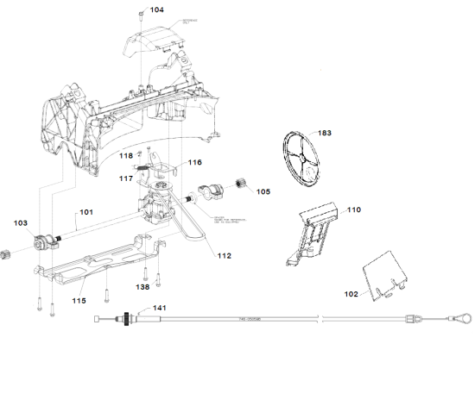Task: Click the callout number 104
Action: click(x=156, y=10)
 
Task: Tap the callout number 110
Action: click(x=354, y=209)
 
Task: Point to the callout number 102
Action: click(x=351, y=294)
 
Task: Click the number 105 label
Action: click(x=262, y=191)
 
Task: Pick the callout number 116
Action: click(x=195, y=162)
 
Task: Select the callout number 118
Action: click(x=126, y=156)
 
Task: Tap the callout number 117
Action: click(x=126, y=178)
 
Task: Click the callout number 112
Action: click(x=225, y=256)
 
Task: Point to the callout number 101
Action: click(x=86, y=212)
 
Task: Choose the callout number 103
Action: click(x=21, y=222)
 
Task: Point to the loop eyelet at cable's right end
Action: click(x=465, y=318)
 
